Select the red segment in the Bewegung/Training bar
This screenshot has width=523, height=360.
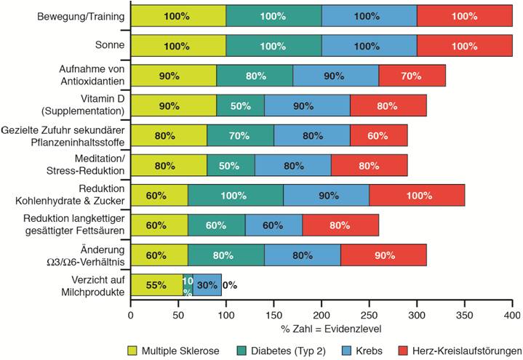pos(464,15)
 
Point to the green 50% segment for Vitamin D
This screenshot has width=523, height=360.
pos(240,106)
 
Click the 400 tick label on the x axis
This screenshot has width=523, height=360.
pos(512,316)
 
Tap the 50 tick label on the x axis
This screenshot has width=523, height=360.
pos(178,316)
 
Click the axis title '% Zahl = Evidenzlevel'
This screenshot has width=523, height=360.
pos(322,328)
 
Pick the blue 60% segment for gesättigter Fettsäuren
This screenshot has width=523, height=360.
pos(273,226)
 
